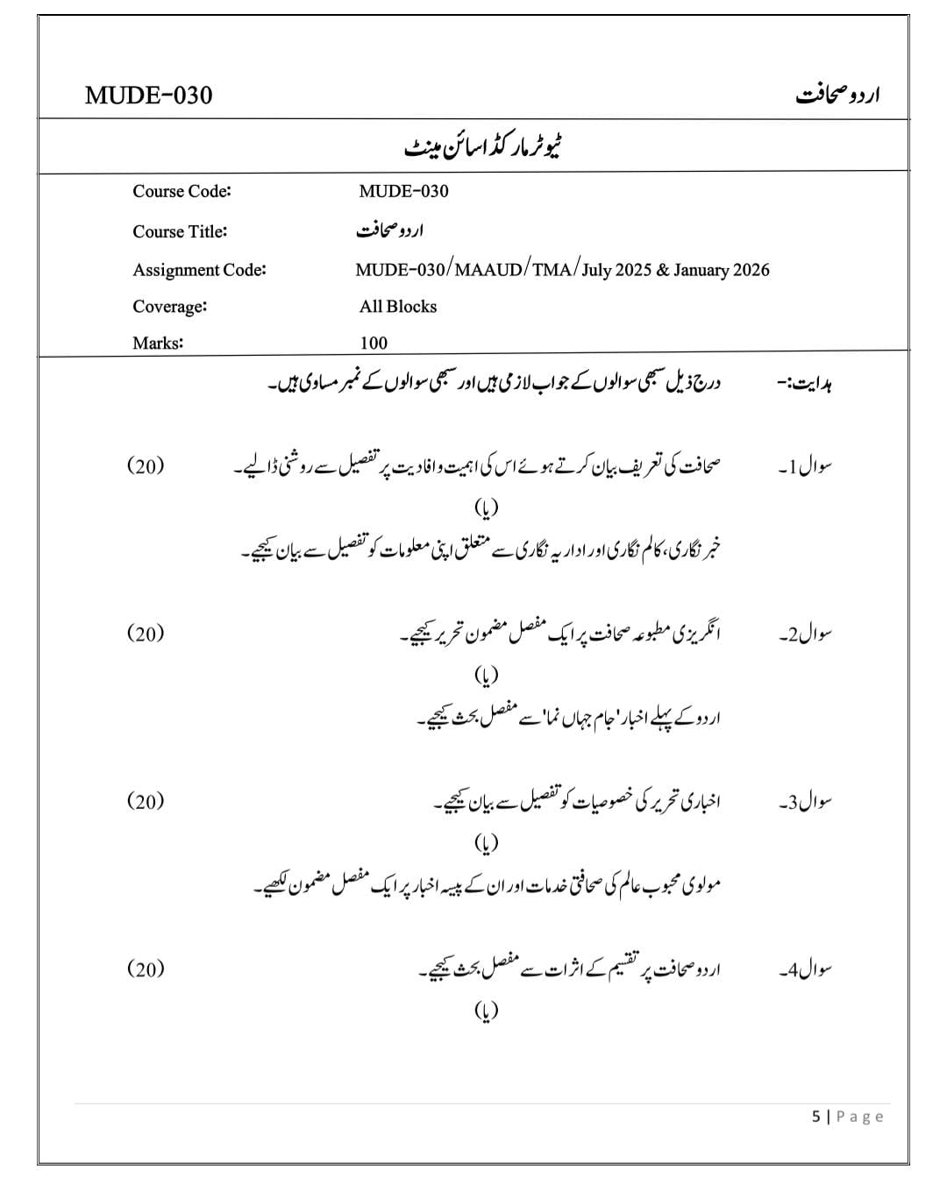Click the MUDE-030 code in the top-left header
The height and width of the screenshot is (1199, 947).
[148, 95]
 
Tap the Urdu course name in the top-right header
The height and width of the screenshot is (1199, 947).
[837, 95]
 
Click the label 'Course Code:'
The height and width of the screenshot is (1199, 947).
[182, 191]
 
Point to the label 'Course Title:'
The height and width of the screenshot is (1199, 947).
[180, 231]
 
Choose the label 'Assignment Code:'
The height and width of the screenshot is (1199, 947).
[199, 270]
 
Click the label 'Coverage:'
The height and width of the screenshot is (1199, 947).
[169, 307]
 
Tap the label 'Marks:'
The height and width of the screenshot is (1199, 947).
[158, 343]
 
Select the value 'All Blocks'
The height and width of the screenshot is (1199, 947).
[397, 307]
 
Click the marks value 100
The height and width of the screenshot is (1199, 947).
[374, 343]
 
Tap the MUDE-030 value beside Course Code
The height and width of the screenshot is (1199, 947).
[403, 191]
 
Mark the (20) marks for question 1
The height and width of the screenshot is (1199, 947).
[146, 465]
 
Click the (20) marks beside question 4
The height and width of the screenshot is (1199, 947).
[146, 968]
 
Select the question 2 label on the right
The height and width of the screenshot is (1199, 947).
[805, 634]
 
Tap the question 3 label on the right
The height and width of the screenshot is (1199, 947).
[805, 801]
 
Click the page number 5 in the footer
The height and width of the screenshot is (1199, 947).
[816, 1117]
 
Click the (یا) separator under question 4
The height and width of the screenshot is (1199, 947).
[486, 1011]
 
